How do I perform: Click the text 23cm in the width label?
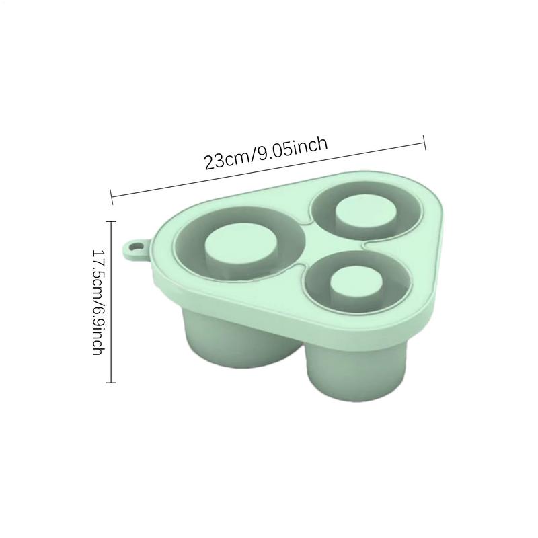tap(226, 159)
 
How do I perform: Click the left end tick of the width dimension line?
tap(112, 197)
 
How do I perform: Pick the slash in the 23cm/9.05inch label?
tap(253, 157)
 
